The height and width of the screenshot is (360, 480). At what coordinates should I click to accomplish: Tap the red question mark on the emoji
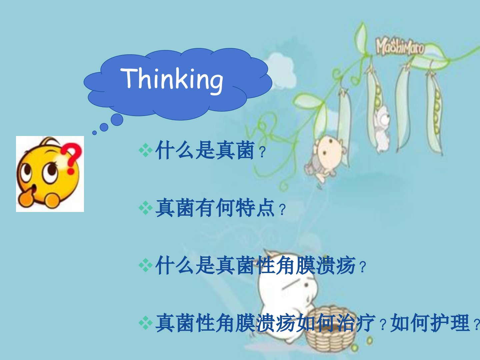pos(72,157)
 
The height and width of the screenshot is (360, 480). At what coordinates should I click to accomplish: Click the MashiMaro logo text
pos(400,47)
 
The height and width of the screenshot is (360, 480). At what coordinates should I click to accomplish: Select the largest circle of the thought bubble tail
pos(117,120)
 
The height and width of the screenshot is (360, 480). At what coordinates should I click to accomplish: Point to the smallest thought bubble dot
pos(94,133)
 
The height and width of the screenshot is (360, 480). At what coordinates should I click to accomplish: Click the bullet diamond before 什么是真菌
pos(146,150)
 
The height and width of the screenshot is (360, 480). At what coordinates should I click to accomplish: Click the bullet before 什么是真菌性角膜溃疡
pos(146,265)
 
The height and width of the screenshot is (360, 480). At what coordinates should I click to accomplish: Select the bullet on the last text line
pos(146,323)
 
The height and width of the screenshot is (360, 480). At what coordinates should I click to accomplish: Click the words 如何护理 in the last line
pos(430,323)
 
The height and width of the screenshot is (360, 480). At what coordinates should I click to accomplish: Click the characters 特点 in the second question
pos(255,208)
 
